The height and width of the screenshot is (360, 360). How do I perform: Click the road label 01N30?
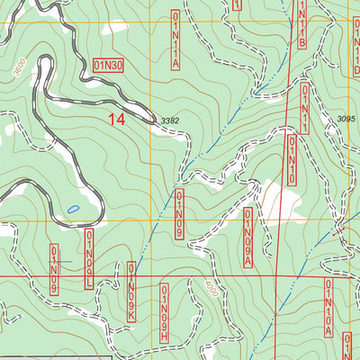click(109, 65)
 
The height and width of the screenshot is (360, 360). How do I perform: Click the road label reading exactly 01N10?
click(292, 160)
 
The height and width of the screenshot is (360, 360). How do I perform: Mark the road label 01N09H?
click(165, 310)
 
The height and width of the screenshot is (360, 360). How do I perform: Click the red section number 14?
click(115, 118)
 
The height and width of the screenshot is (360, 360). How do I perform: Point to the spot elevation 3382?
click(170, 121)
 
